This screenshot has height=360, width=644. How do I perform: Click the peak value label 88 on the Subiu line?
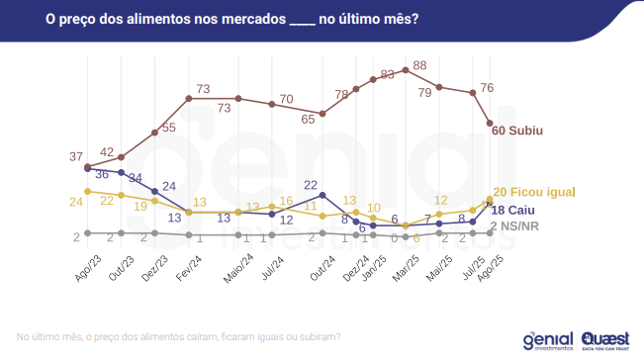(419, 65)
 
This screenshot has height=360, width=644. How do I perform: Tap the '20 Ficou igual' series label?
(533, 192)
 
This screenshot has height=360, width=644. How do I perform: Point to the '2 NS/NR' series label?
(520, 226)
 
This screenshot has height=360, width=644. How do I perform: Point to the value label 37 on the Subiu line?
(76, 157)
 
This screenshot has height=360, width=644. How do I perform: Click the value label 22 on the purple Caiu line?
(310, 184)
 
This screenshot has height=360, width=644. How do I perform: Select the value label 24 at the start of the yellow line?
(76, 202)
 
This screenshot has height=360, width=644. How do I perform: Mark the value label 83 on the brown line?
(388, 74)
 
